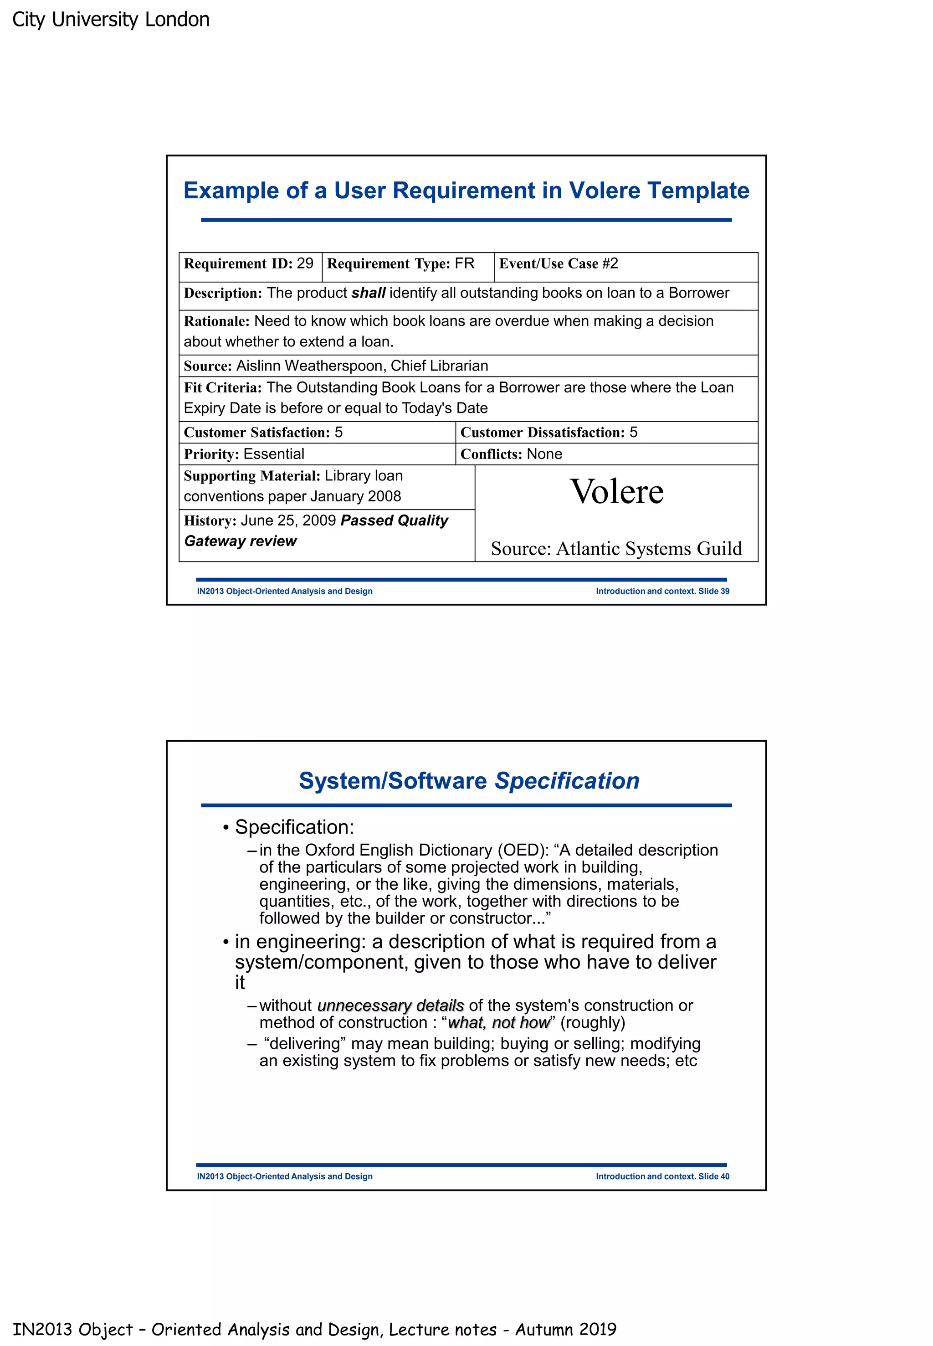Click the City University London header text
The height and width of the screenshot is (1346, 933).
click(x=111, y=19)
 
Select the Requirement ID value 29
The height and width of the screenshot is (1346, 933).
click(x=305, y=263)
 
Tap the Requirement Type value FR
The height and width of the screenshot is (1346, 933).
click(x=465, y=263)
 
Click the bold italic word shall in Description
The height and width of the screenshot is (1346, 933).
click(x=368, y=293)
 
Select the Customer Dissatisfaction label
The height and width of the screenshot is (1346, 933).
click(x=543, y=432)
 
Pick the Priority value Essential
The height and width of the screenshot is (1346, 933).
click(x=274, y=454)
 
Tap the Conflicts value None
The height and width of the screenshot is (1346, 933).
click(x=544, y=454)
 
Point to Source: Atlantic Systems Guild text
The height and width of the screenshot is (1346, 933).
click(x=616, y=548)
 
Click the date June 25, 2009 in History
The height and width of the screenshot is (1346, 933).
click(x=288, y=520)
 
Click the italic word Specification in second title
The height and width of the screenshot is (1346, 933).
click(x=567, y=781)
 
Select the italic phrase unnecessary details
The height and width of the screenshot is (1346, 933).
click(x=390, y=1005)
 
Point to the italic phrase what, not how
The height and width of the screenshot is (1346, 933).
click(x=499, y=1022)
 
